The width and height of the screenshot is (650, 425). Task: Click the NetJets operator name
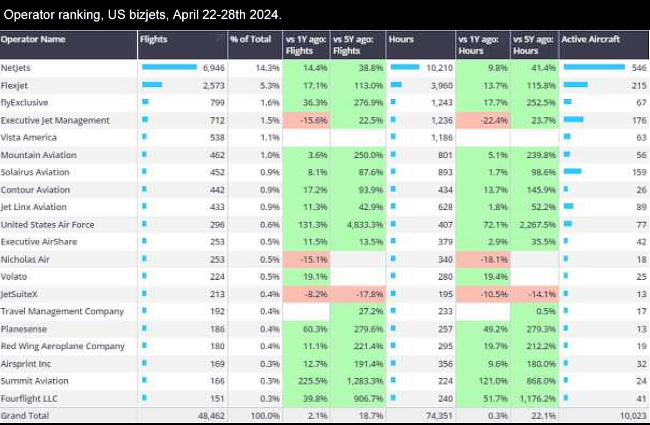(x=16, y=68)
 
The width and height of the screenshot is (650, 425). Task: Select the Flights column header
(x=154, y=39)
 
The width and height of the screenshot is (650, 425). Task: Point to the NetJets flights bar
(x=169, y=67)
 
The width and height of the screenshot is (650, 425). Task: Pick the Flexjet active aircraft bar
(x=575, y=85)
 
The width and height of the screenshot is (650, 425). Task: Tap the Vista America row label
(x=28, y=137)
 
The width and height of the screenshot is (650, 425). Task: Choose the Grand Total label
(x=25, y=415)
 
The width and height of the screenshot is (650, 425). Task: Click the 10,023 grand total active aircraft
(x=632, y=416)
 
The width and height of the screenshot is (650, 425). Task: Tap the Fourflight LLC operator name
(x=29, y=398)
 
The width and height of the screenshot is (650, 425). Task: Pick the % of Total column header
(x=250, y=39)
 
